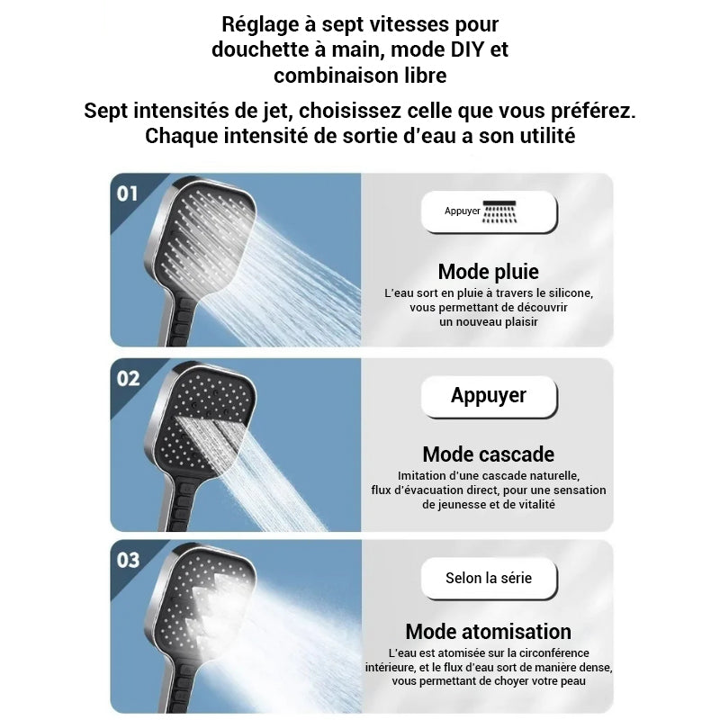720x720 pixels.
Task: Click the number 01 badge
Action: [x=128, y=193]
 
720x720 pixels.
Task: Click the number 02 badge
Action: [x=128, y=378]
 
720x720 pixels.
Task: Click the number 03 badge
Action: [x=128, y=560]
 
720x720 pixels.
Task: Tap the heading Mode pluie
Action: [x=488, y=272]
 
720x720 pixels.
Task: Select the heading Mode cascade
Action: [x=488, y=454]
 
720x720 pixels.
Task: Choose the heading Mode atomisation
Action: [x=488, y=632]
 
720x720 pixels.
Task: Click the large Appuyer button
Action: [x=489, y=396]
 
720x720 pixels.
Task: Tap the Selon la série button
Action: [x=489, y=578]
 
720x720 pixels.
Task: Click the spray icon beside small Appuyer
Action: [x=501, y=211]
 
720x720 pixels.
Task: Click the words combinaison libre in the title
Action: [x=360, y=76]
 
